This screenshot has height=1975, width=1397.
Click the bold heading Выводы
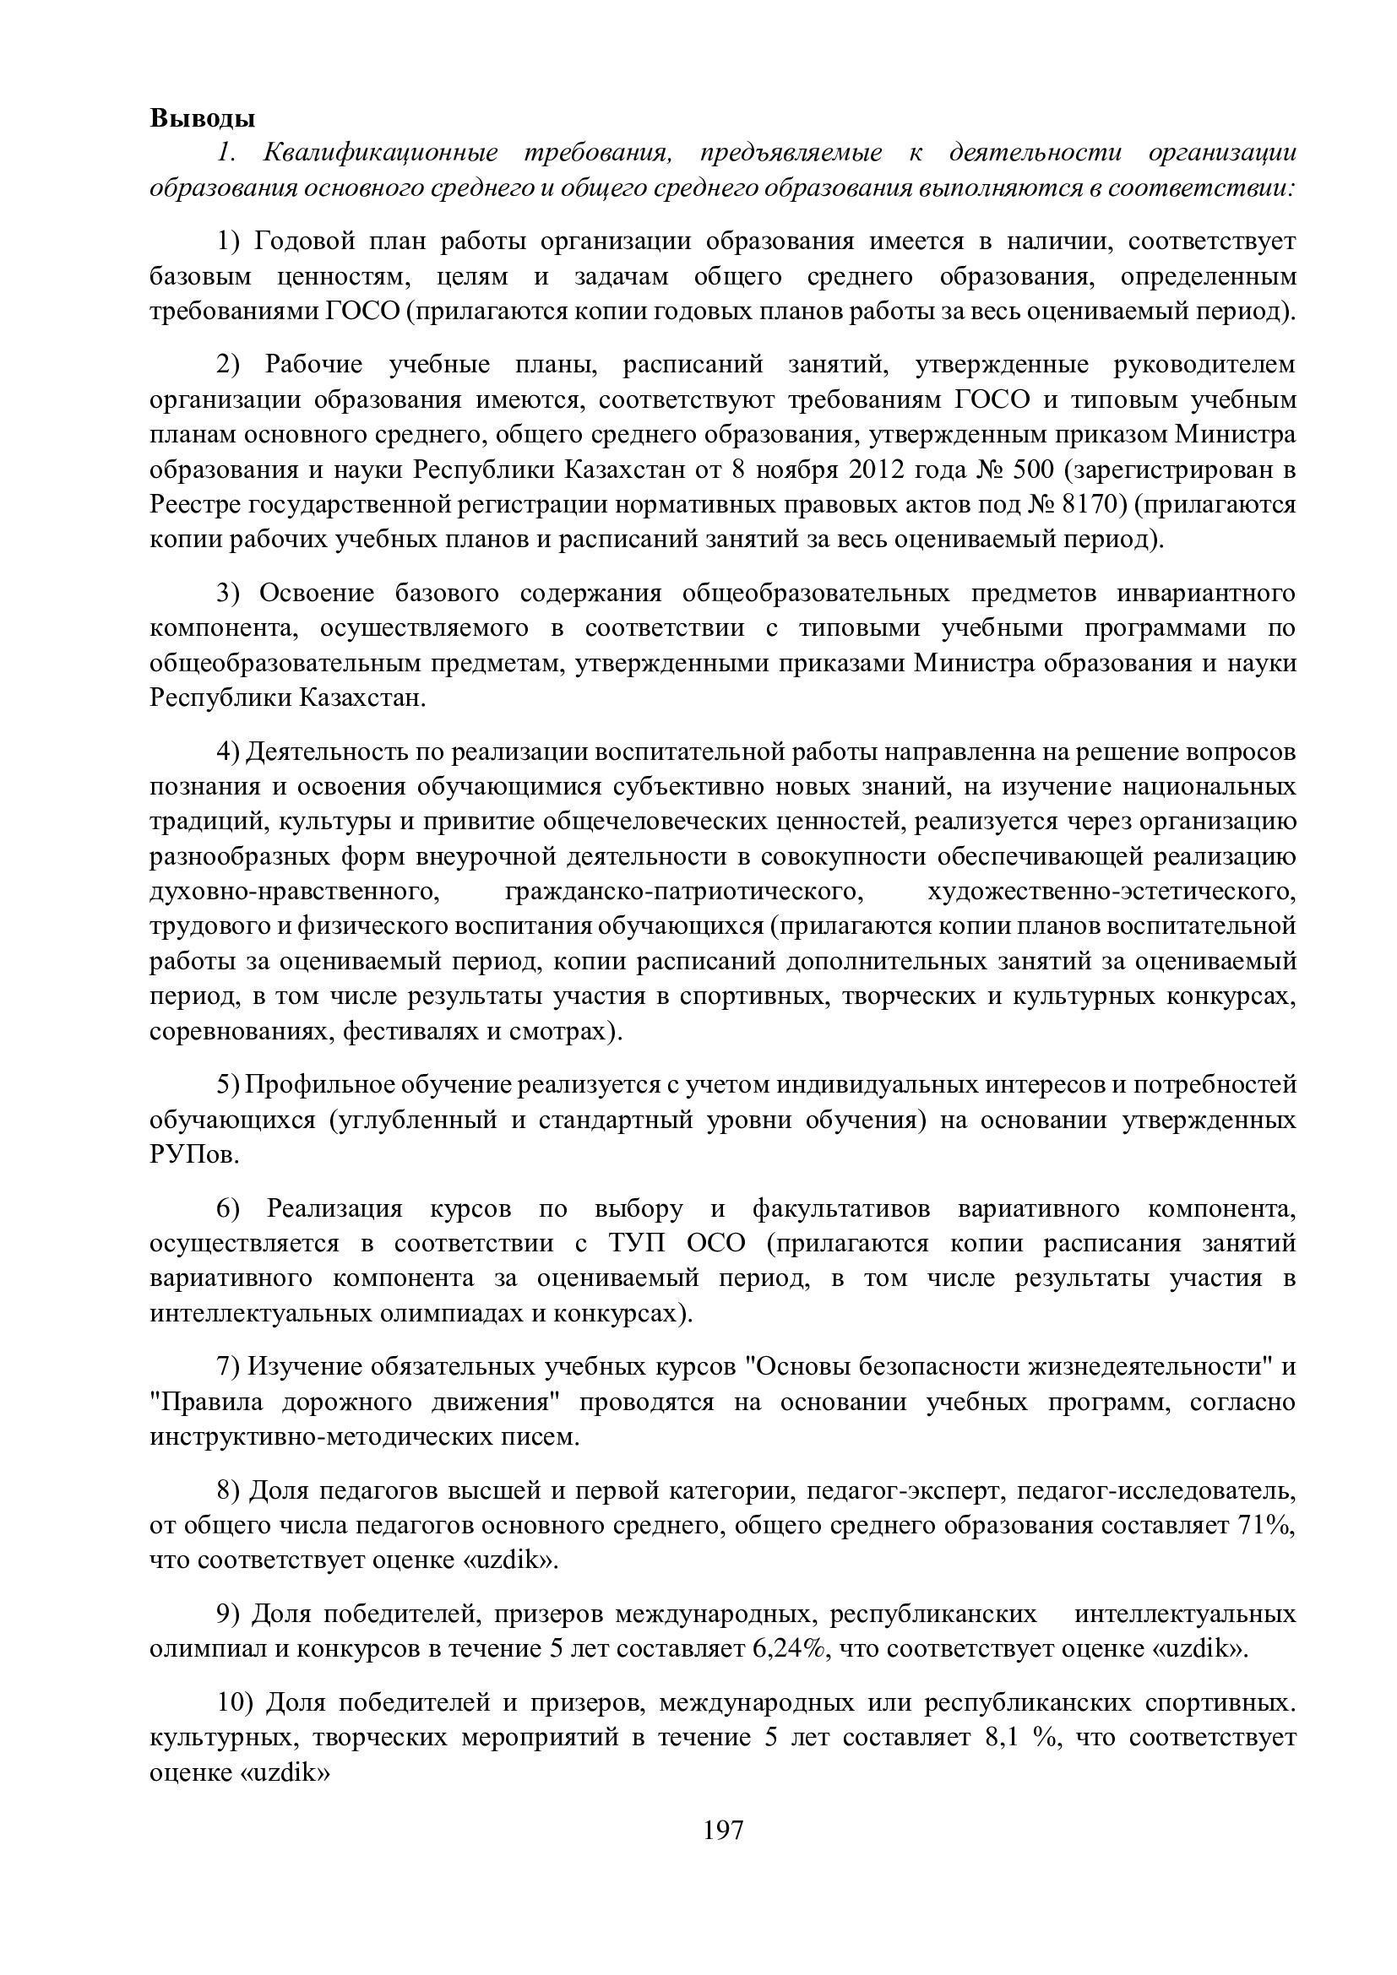coord(202,118)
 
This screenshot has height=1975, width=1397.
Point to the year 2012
coord(878,469)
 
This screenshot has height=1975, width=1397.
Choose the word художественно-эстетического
coord(1112,891)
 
